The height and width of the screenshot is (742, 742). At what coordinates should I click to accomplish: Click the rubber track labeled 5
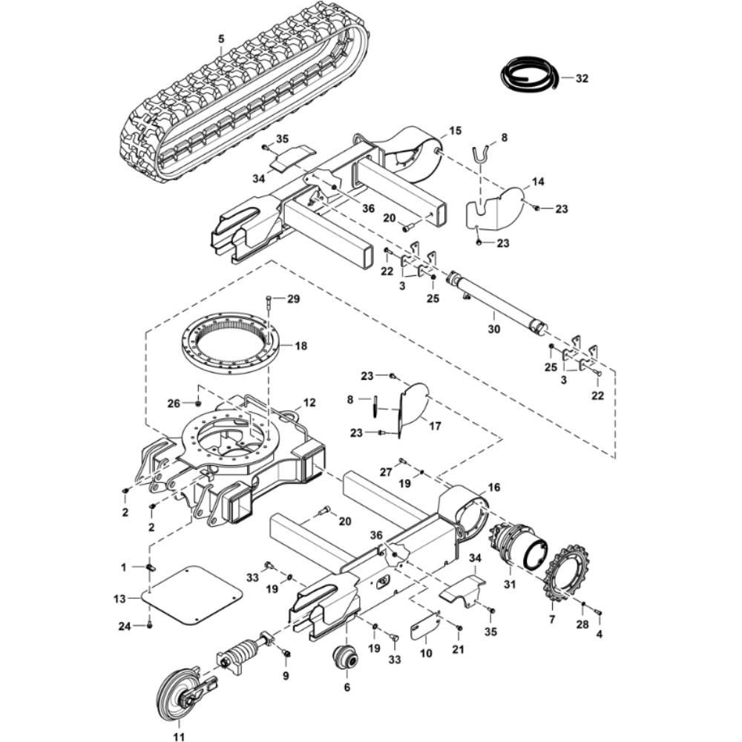(245, 96)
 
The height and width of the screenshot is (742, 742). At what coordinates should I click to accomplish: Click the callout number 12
(309, 403)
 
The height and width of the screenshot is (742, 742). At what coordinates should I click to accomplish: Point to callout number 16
(493, 487)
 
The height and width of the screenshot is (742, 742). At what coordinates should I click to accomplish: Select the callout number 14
(538, 182)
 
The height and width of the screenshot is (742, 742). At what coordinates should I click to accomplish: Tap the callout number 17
(435, 426)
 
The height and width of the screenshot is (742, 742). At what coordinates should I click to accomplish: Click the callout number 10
(425, 653)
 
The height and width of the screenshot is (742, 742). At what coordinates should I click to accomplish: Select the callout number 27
(385, 472)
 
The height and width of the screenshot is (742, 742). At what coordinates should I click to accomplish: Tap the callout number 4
(599, 635)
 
